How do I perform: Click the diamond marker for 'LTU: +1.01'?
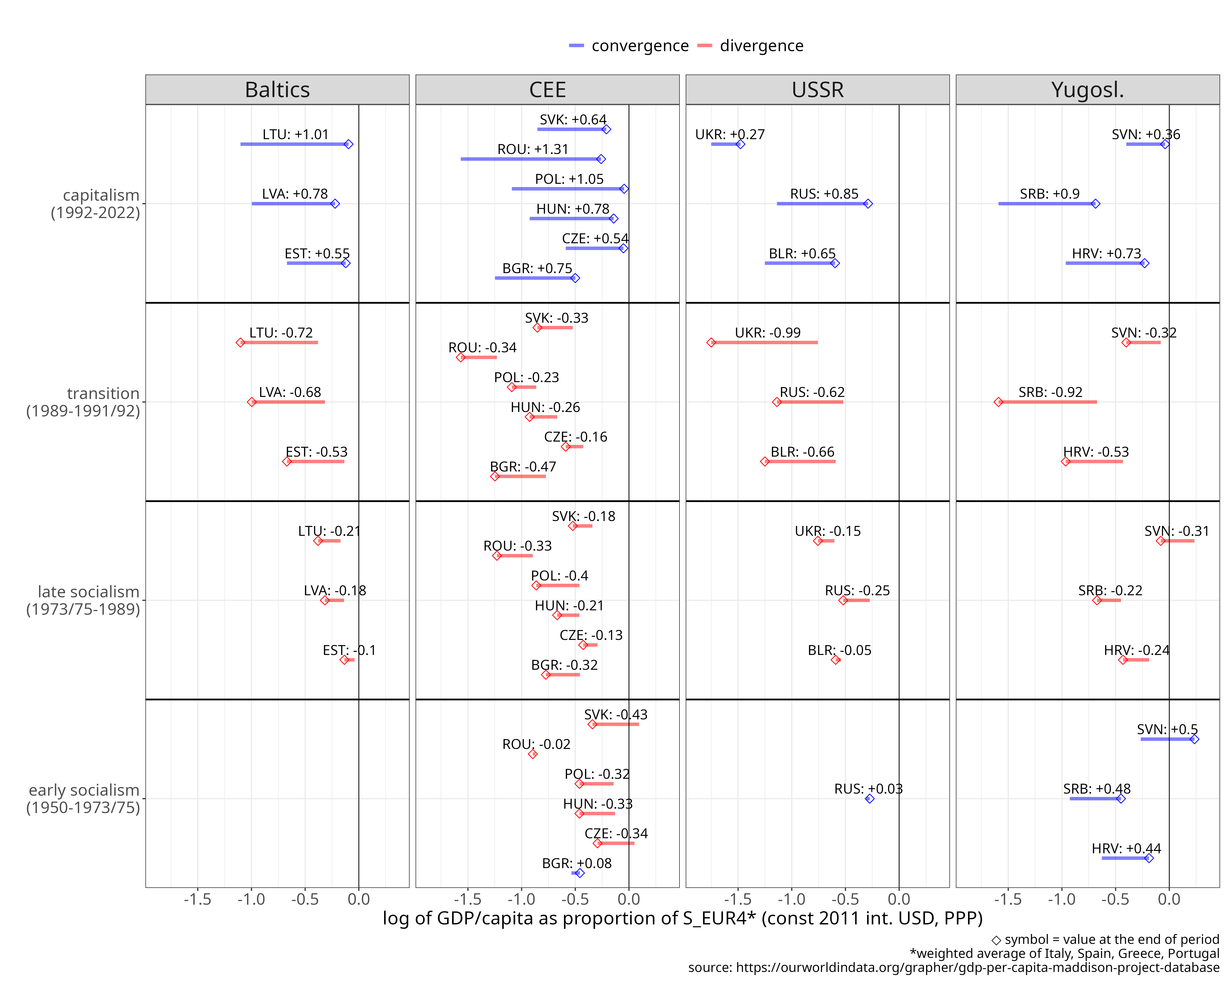click(349, 144)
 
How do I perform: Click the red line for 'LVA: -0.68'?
click(288, 402)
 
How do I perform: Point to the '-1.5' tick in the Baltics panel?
click(197, 900)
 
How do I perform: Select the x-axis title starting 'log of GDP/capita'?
click(682, 918)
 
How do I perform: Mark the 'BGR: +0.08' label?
click(577, 863)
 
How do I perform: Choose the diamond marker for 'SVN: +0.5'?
click(1194, 739)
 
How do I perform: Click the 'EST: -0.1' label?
click(349, 650)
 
